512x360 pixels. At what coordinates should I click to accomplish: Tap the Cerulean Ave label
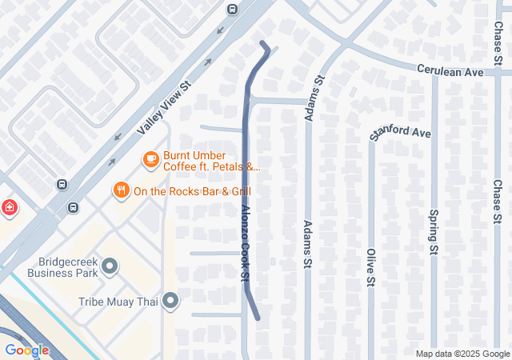450,71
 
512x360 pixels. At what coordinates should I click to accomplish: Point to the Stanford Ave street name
400,133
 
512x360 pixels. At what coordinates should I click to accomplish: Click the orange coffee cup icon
150,160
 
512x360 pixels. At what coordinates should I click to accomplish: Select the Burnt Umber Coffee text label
194,155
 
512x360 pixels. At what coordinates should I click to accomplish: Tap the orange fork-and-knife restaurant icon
121,190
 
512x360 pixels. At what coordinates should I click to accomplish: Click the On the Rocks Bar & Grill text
192,191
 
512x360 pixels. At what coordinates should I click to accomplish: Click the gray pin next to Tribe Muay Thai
170,302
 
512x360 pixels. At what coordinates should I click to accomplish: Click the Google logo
26,350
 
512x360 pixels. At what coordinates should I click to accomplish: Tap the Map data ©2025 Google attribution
462,354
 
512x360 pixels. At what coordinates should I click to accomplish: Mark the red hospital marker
9,208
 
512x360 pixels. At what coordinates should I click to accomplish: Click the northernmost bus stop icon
232,10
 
